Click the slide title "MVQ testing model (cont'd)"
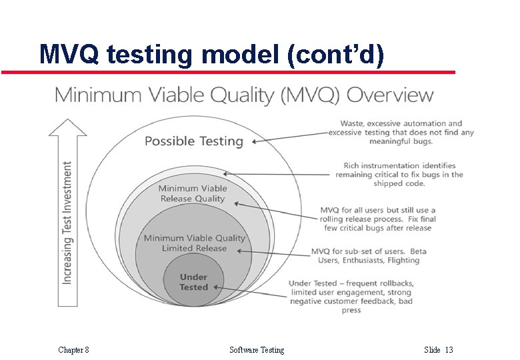pos(212,54)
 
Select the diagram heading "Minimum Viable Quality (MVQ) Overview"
pos(244,95)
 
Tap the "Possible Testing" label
pos(194,141)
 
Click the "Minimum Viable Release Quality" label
pos(193,193)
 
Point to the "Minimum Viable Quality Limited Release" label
pos(195,243)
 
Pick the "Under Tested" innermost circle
pos(193,282)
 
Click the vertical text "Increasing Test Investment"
pos(67,222)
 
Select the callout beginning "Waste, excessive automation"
pos(401,132)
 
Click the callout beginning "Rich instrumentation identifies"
pos(399,175)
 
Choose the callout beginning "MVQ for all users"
pos(377,219)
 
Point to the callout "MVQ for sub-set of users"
pos(369,255)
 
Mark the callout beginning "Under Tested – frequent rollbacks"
pos(351,297)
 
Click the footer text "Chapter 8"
pos(73,349)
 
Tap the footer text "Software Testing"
pos(257,349)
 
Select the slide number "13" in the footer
pos(449,349)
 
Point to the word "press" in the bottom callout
pos(351,310)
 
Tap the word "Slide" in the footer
pos(432,349)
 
